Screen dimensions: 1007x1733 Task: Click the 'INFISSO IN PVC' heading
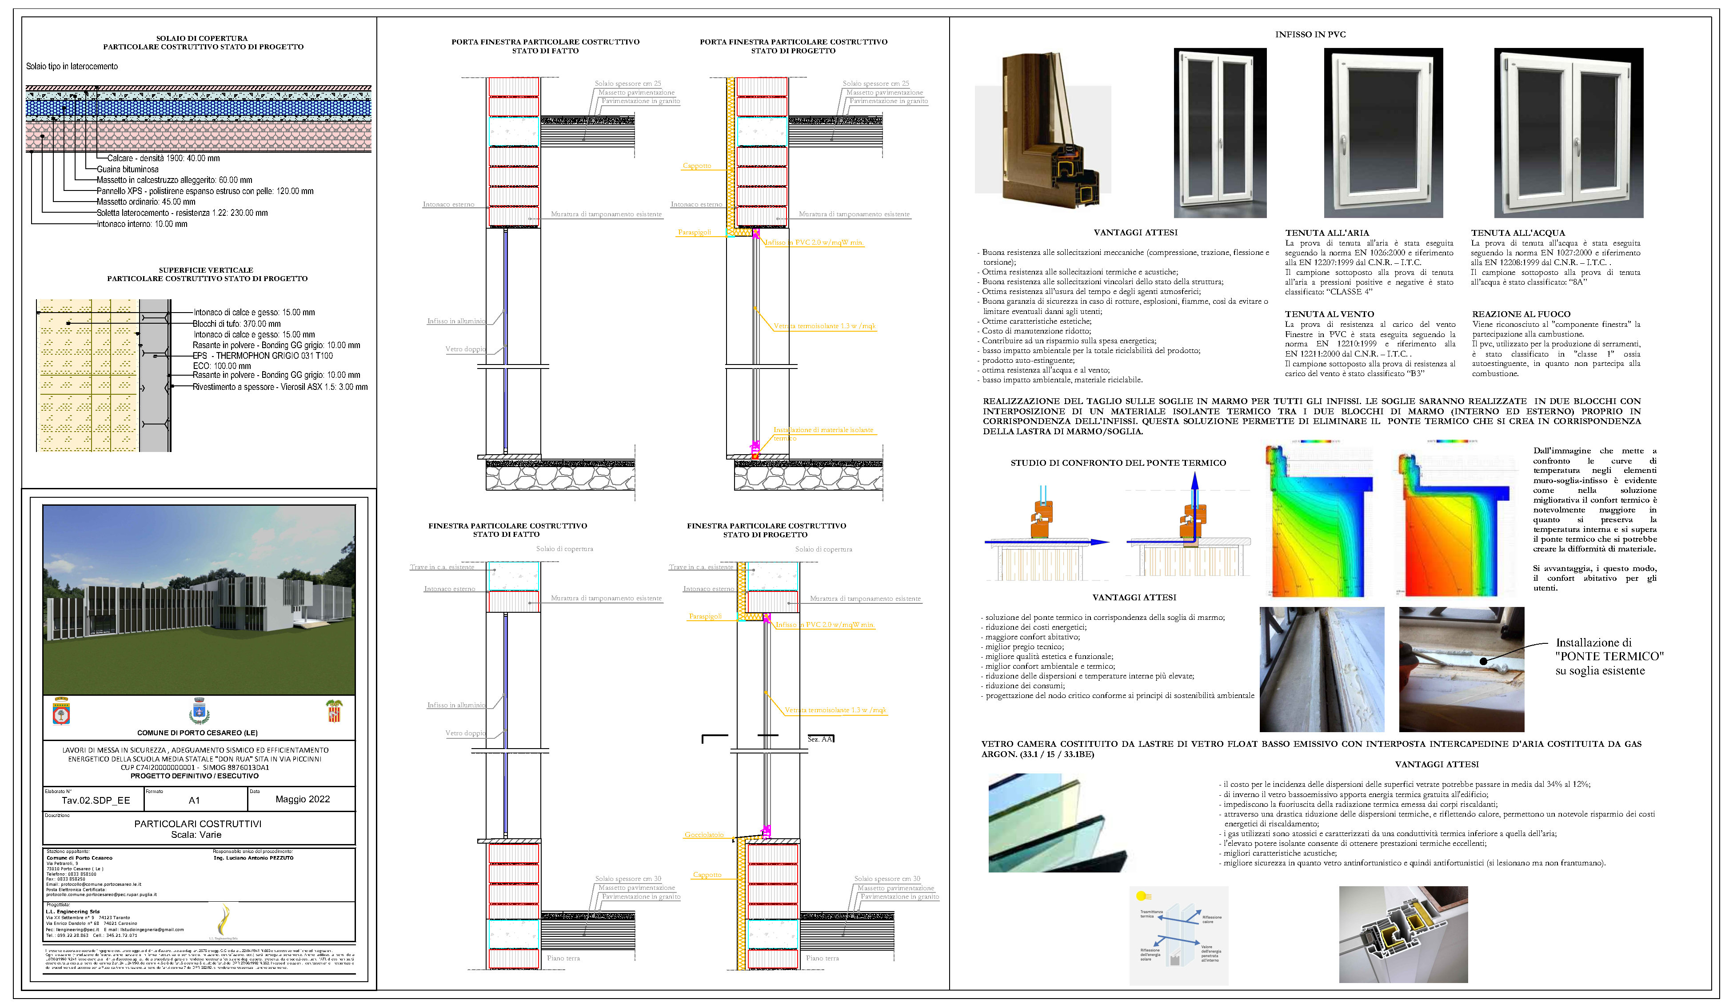[1310, 34]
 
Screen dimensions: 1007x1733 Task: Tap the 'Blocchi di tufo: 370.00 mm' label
[236, 324]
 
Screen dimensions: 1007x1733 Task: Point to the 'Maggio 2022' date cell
[303, 799]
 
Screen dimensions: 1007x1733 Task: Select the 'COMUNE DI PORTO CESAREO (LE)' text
[197, 733]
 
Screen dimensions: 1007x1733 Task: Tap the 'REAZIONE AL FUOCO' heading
[1521, 314]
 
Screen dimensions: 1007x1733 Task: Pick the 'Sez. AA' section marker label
[819, 739]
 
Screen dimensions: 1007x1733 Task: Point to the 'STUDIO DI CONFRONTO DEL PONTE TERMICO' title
[1118, 463]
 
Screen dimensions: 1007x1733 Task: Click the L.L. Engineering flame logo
[224, 921]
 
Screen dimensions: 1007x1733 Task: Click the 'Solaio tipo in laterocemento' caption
[72, 67]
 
